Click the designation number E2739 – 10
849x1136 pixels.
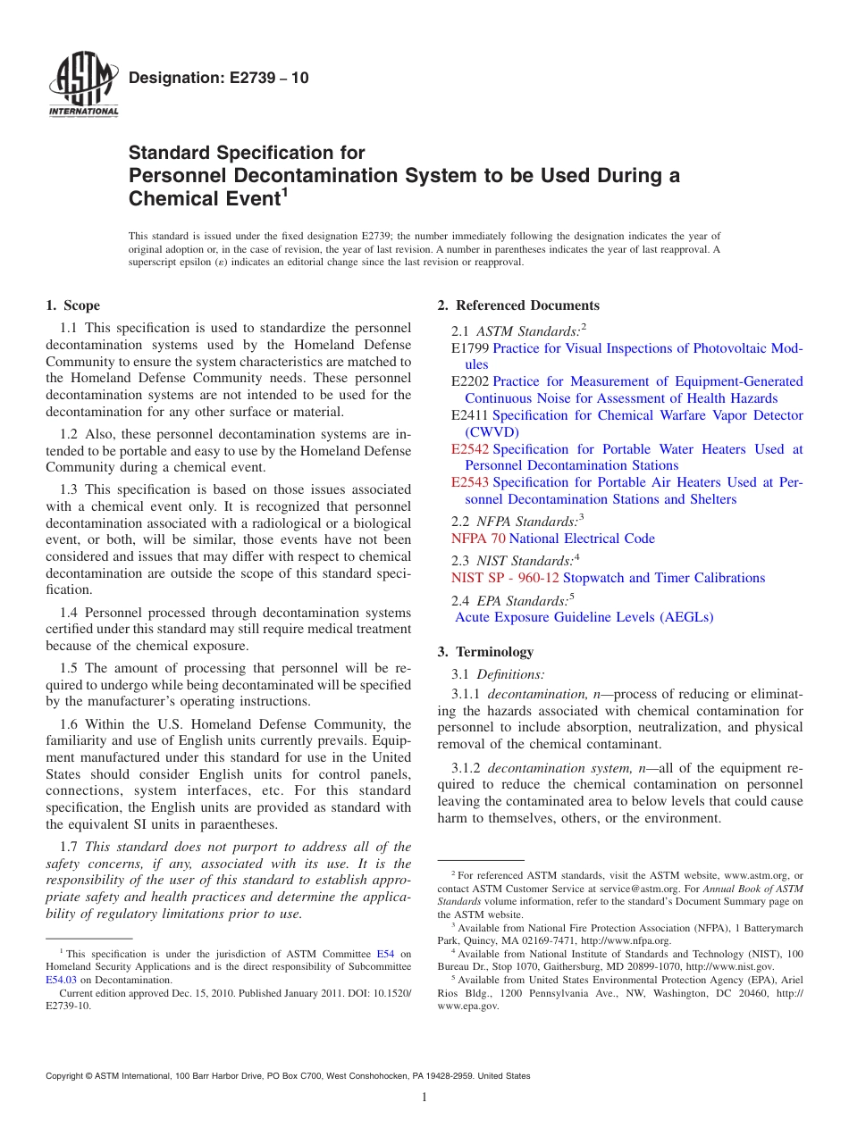(x=219, y=78)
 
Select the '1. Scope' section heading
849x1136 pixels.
(x=72, y=305)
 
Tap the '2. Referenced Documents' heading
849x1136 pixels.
(x=518, y=305)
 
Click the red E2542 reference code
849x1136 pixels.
(x=470, y=449)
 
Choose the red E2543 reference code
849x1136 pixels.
(x=470, y=482)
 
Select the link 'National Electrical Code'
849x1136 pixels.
(x=582, y=539)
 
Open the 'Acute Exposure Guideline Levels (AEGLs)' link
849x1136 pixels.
(x=584, y=617)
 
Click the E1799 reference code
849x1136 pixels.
(x=470, y=348)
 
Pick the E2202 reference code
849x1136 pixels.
(x=470, y=381)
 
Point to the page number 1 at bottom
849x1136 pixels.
(x=424, y=1098)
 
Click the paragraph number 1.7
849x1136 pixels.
(x=70, y=847)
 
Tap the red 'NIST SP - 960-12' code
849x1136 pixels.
(x=505, y=578)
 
